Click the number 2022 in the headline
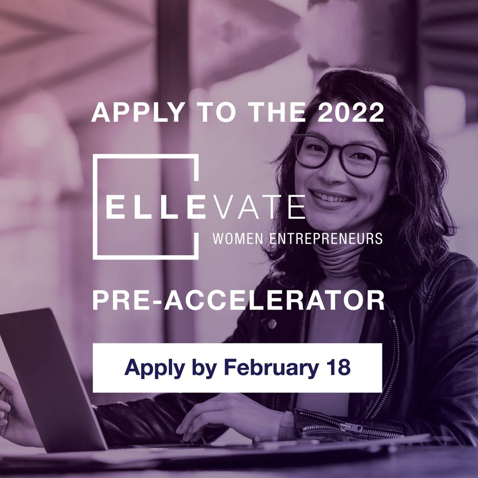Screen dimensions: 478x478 click(350, 112)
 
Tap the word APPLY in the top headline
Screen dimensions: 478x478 click(138, 112)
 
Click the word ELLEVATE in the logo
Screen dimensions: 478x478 click(206, 207)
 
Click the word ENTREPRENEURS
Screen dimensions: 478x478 click(326, 238)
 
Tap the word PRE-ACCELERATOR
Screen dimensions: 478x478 click(239, 300)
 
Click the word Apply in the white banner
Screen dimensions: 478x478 click(155, 368)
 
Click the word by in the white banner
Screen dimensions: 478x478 click(204, 368)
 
